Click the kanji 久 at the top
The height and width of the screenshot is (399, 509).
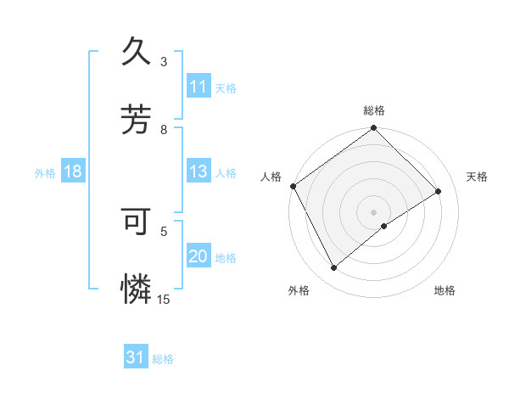click(x=137, y=52)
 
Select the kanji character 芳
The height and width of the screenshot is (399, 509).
click(x=137, y=120)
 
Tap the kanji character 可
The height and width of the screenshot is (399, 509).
click(x=137, y=222)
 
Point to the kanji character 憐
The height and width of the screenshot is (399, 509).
click(x=137, y=289)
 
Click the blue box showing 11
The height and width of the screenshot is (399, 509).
click(x=199, y=87)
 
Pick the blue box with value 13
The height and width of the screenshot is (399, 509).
click(x=199, y=171)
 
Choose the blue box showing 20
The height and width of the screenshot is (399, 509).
click(x=199, y=256)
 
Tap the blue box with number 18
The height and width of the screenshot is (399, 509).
click(x=73, y=171)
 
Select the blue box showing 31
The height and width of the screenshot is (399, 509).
click(x=136, y=357)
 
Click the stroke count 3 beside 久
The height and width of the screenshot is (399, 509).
click(x=164, y=62)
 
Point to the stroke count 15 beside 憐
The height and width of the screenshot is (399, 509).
click(x=164, y=299)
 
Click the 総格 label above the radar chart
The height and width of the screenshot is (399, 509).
click(x=374, y=110)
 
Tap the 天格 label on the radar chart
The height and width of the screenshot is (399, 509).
click(x=478, y=177)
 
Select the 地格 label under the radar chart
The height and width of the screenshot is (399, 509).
click(x=445, y=290)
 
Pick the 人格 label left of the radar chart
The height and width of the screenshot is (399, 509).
click(x=271, y=177)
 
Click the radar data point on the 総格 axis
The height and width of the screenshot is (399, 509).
click(x=374, y=129)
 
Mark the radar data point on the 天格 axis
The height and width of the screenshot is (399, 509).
click(x=439, y=192)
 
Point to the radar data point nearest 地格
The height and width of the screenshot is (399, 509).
click(x=384, y=226)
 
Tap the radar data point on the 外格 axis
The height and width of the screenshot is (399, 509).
click(x=334, y=268)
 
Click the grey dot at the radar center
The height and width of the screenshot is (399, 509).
click(x=374, y=211)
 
